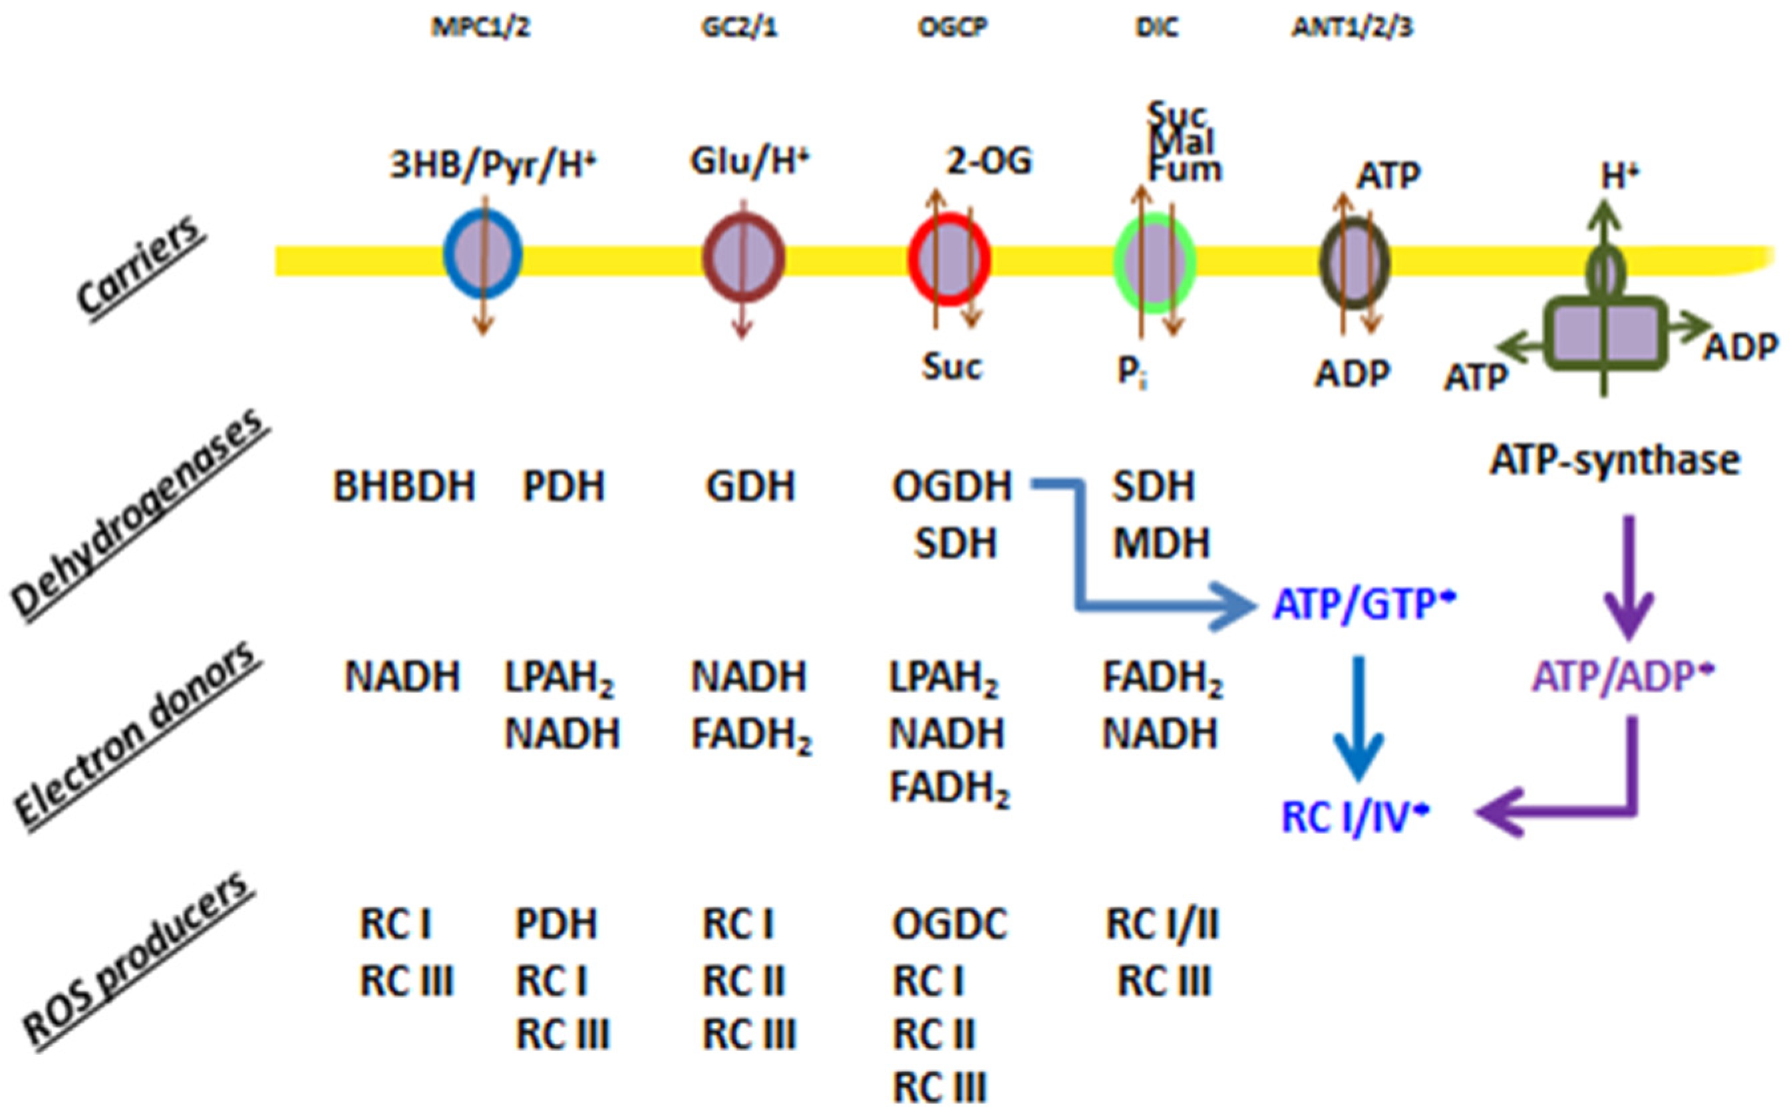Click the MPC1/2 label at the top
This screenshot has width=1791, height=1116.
tap(480, 28)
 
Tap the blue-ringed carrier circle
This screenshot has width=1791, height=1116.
tap(483, 255)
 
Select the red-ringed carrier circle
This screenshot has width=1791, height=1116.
tap(948, 260)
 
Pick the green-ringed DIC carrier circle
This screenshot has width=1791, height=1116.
tap(1154, 263)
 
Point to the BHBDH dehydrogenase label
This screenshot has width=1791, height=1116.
tap(405, 486)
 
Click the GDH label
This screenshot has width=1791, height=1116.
tap(750, 486)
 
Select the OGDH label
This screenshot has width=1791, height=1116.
tap(951, 486)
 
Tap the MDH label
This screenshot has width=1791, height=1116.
tap(1161, 544)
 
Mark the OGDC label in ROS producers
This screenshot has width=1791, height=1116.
tap(949, 923)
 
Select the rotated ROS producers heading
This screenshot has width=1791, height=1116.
tap(136, 960)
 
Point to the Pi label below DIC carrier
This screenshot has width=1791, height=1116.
tap(1131, 372)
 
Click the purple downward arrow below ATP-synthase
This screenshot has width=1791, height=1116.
tap(1629, 576)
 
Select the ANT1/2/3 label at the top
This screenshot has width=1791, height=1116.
tap(1352, 28)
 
